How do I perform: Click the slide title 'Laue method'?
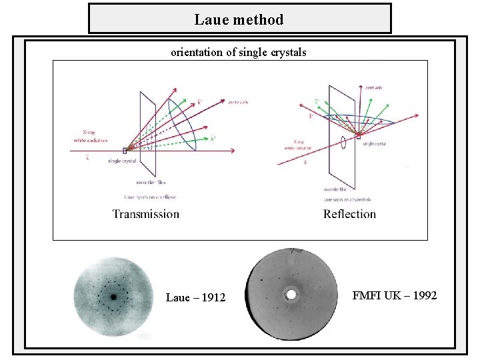(x=239, y=19)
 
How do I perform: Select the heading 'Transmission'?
(x=146, y=214)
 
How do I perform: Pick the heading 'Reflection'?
(x=349, y=214)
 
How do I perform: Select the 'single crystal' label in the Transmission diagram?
(x=121, y=161)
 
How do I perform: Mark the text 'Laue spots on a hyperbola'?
(x=347, y=199)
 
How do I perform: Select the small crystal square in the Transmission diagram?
(x=125, y=151)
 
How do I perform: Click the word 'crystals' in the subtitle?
(x=288, y=52)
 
